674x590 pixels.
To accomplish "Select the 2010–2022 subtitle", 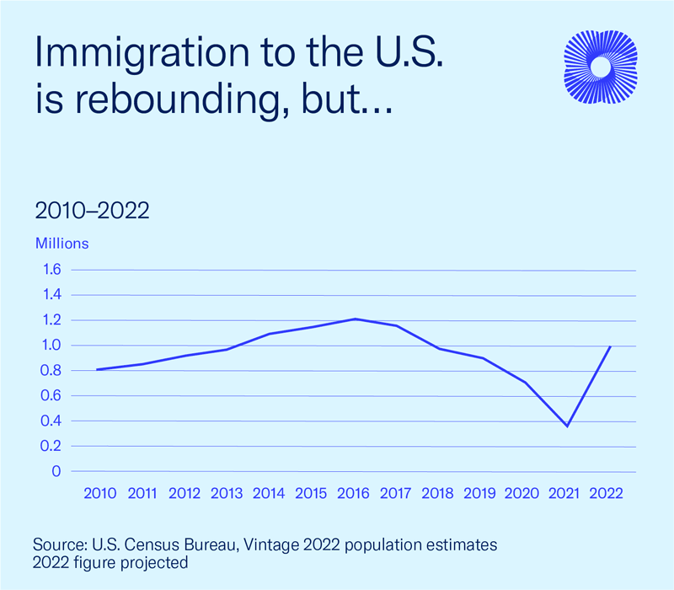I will [x=93, y=211].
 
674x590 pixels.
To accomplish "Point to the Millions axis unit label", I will [x=62, y=244].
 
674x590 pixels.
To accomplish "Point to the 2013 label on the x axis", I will [x=227, y=494].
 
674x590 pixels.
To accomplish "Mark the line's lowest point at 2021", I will [x=567, y=426].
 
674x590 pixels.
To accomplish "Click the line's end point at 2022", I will [x=610, y=346].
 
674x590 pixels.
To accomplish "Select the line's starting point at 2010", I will [x=97, y=369].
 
